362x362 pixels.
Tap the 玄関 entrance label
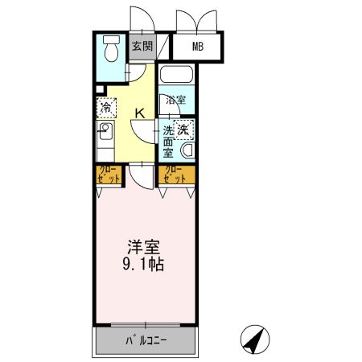click(142, 46)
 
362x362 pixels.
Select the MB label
click(197, 46)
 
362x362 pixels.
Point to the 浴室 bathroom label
click(176, 101)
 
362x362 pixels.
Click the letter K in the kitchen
click(139, 113)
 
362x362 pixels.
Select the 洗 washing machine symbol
click(184, 129)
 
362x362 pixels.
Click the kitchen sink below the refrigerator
click(105, 131)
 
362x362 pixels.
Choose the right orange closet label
click(171, 173)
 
